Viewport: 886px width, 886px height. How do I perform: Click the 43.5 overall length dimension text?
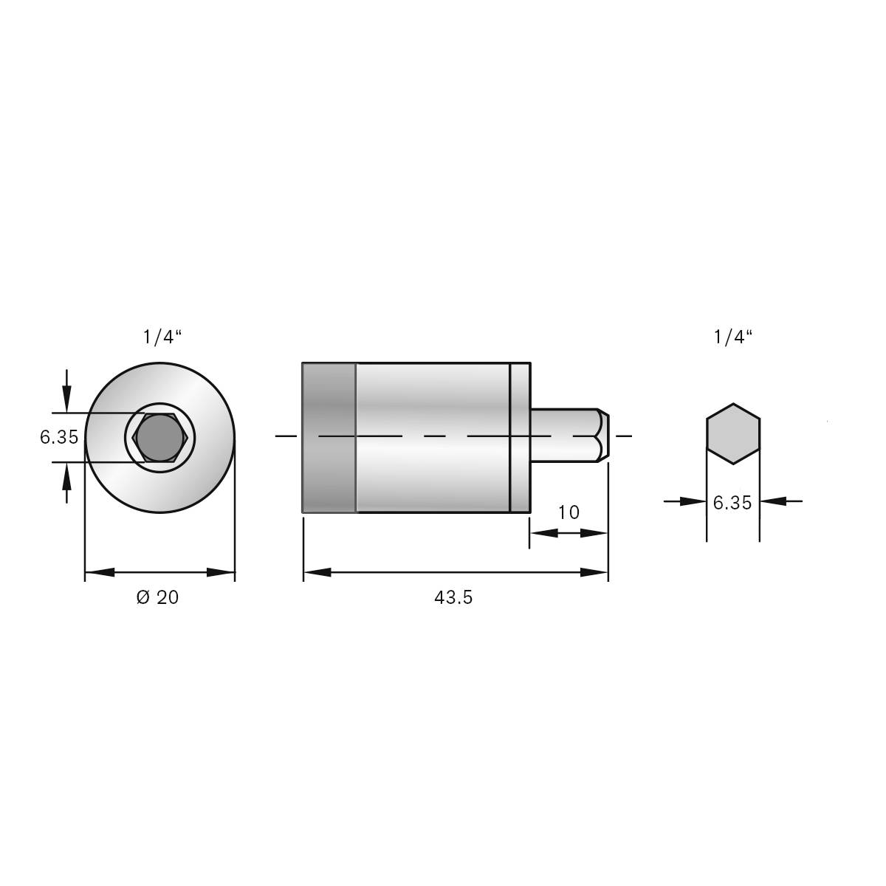pyautogui.click(x=453, y=598)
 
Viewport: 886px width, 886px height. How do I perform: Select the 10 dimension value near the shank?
pyautogui.click(x=569, y=512)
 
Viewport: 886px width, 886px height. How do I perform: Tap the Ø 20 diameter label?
pyautogui.click(x=158, y=597)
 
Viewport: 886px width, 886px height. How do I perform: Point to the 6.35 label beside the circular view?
pyautogui.click(x=59, y=437)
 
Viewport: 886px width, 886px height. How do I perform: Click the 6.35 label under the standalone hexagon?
pyautogui.click(x=732, y=503)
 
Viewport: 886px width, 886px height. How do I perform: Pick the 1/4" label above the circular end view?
pyautogui.click(x=162, y=337)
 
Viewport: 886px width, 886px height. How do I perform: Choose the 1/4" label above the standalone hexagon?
pyautogui.click(x=732, y=337)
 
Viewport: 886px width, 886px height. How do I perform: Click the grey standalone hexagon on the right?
pyautogui.click(x=732, y=434)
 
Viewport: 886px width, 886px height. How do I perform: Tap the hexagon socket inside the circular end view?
pyautogui.click(x=160, y=437)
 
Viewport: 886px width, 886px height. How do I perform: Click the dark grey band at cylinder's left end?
pyautogui.click(x=329, y=437)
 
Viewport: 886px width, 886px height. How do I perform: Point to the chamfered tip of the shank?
pyautogui.click(x=602, y=436)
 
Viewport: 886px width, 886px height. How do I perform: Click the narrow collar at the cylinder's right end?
pyautogui.click(x=521, y=437)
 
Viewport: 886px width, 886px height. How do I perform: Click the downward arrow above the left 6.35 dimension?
pyautogui.click(x=67, y=399)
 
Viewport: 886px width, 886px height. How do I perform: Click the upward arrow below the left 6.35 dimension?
pyautogui.click(x=67, y=476)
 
